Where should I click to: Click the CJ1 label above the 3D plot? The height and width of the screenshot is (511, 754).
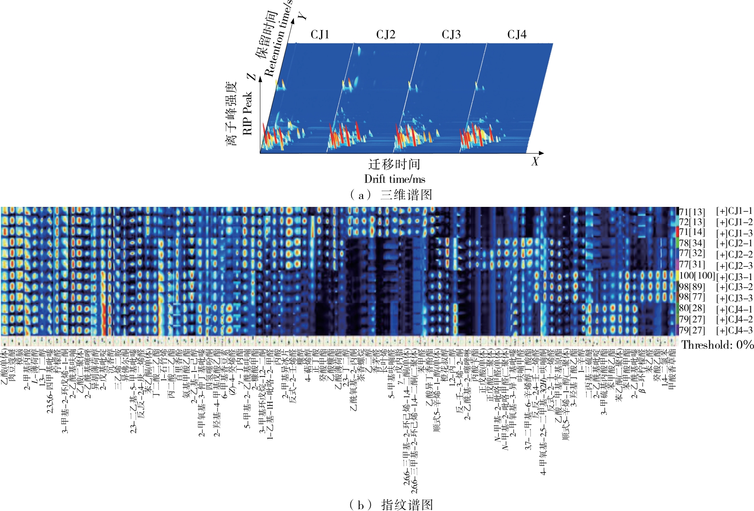pyautogui.click(x=320, y=35)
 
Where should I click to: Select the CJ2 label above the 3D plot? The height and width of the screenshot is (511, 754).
pyautogui.click(x=386, y=35)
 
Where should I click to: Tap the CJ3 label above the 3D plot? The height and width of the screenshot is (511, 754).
pyautogui.click(x=451, y=35)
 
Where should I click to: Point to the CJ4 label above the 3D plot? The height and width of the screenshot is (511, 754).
pyautogui.click(x=517, y=35)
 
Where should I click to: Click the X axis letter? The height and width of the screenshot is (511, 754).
pyautogui.click(x=535, y=162)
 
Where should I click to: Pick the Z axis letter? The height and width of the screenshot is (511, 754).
pyautogui.click(x=251, y=76)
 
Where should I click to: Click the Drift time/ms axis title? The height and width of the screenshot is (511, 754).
pyautogui.click(x=394, y=179)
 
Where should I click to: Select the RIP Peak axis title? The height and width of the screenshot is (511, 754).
pyautogui.click(x=247, y=113)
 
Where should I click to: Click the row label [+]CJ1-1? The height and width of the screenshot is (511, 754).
pyautogui.click(x=734, y=211)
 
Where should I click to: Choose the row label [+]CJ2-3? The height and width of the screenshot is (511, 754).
pyautogui.click(x=734, y=266)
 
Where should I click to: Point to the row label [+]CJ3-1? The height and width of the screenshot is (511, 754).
pyautogui.click(x=734, y=277)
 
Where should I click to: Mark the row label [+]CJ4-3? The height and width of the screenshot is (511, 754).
pyautogui.click(x=734, y=331)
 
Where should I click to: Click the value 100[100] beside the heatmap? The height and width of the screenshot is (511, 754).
pyautogui.click(x=697, y=276)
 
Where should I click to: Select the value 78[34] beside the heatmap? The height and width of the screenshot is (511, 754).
pyautogui.click(x=692, y=243)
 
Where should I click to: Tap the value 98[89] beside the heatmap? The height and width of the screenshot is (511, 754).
pyautogui.click(x=692, y=287)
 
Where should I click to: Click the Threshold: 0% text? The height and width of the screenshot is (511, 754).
pyautogui.click(x=718, y=345)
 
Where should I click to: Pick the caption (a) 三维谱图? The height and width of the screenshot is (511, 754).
pyautogui.click(x=391, y=195)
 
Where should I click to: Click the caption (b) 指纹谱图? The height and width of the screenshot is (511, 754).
pyautogui.click(x=391, y=505)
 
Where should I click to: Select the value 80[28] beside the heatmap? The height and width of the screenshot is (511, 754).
pyautogui.click(x=692, y=309)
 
